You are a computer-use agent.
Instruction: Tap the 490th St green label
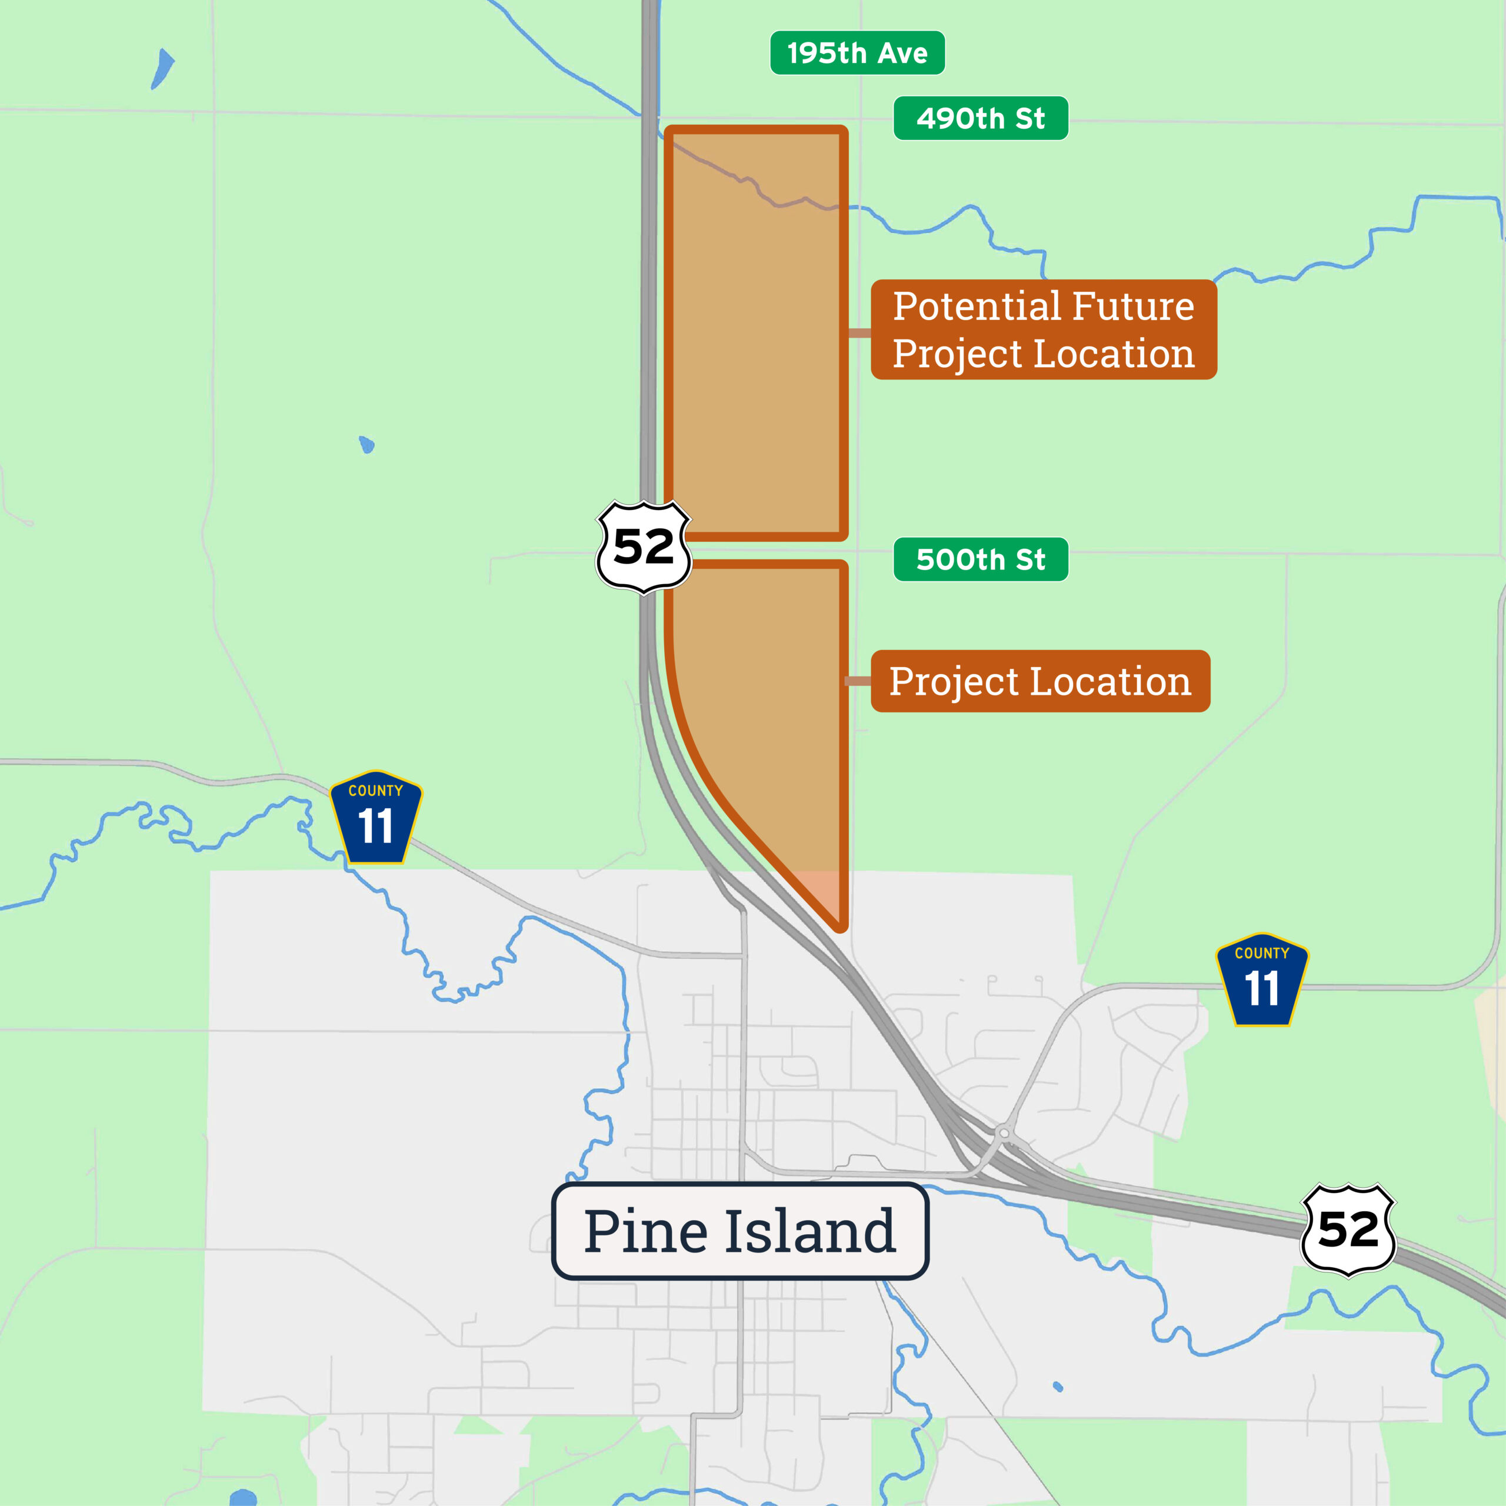(x=980, y=118)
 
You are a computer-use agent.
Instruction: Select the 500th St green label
(x=980, y=559)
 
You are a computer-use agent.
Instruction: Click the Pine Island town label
(x=739, y=1231)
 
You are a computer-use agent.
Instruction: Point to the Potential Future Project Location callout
(x=1043, y=329)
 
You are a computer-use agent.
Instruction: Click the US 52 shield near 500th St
(x=643, y=547)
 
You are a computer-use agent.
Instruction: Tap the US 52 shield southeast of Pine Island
(x=1348, y=1230)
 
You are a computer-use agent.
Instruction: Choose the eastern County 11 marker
(x=1262, y=980)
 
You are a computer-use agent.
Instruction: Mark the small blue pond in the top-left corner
(x=162, y=69)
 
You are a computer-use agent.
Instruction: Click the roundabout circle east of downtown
(x=1004, y=1132)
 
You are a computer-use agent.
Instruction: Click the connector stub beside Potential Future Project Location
(x=859, y=334)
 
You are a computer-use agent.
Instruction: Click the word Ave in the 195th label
(x=904, y=53)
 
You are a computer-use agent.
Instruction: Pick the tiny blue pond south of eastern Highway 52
(x=1058, y=1387)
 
